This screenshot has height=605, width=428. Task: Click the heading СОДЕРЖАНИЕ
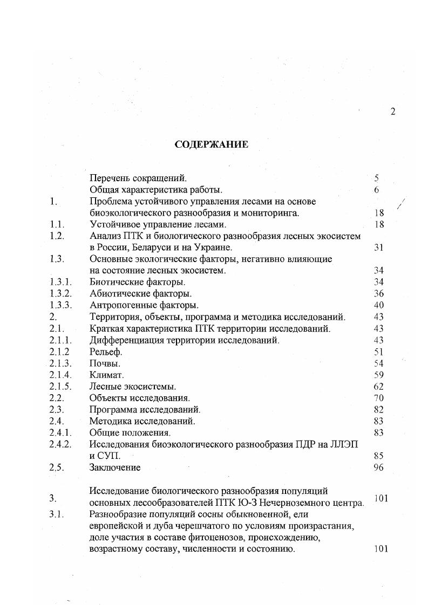tap(212, 145)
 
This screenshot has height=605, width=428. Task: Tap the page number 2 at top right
tap(392, 112)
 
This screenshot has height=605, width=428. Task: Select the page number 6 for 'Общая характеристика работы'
tap(377, 189)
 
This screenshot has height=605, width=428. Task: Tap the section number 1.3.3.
tap(60, 305)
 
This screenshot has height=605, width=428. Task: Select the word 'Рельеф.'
tap(106, 352)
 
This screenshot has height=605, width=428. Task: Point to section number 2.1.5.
tap(60, 386)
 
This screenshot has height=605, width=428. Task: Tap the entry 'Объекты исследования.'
tap(139, 398)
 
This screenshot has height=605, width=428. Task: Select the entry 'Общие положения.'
tap(130, 432)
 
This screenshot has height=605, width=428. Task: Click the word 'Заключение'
tap(114, 467)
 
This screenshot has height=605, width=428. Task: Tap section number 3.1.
tap(57, 514)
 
